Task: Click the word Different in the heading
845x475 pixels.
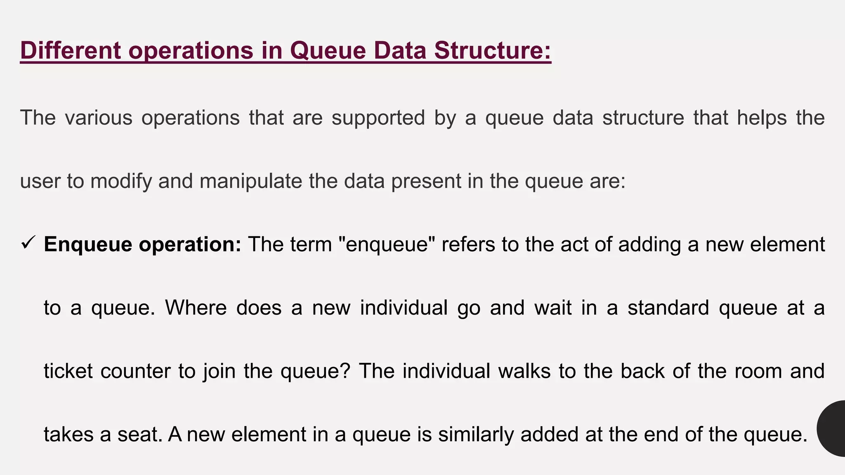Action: [x=71, y=50]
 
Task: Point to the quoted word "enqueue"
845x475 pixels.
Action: [x=387, y=244]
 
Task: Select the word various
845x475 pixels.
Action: [x=99, y=118]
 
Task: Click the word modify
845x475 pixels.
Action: [x=121, y=181]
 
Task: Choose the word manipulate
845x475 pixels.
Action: [x=251, y=181]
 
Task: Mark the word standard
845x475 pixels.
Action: [x=668, y=308]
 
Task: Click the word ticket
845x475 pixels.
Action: [x=68, y=371]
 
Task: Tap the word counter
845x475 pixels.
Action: [x=135, y=371]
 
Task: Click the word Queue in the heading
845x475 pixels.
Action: [x=328, y=50]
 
